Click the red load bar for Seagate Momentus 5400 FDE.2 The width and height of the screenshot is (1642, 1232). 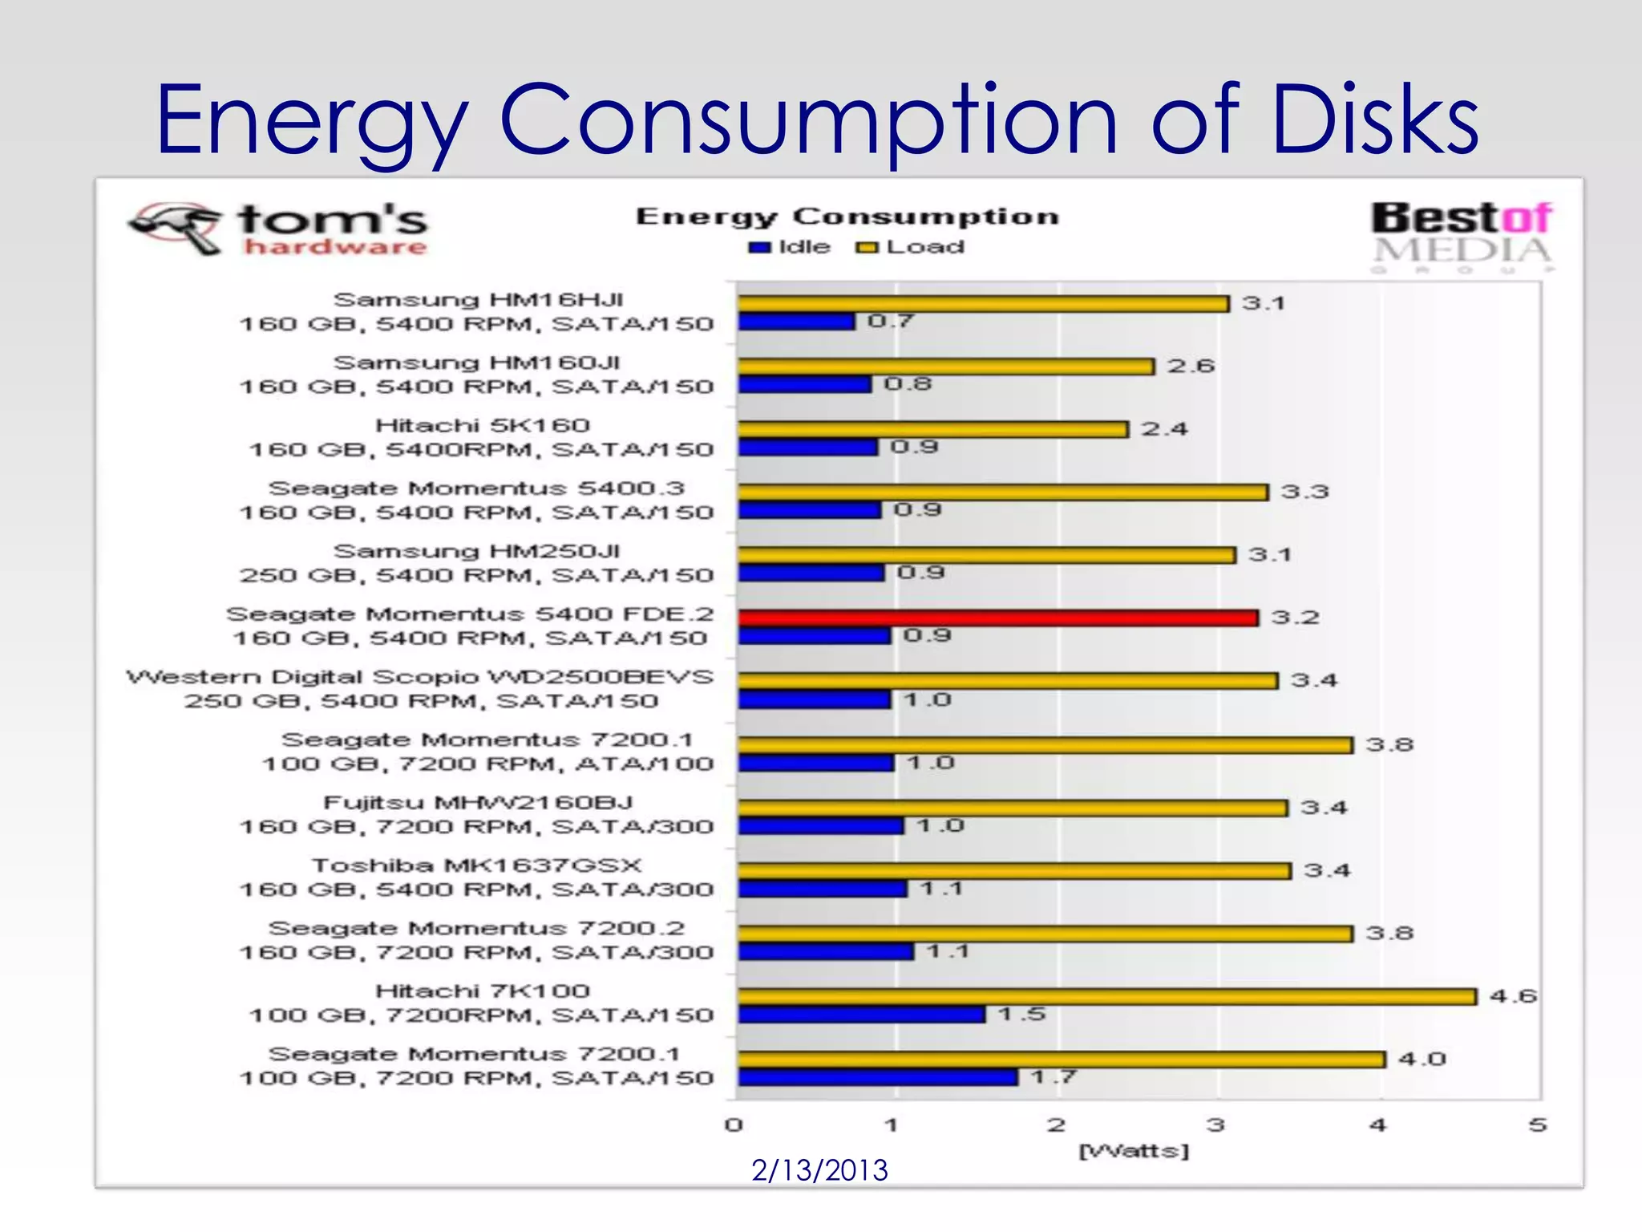(x=997, y=618)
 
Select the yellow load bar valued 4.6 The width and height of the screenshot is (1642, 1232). (x=1106, y=996)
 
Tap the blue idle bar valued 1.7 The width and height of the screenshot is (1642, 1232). (x=877, y=1077)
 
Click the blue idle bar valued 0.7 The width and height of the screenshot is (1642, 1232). (x=795, y=322)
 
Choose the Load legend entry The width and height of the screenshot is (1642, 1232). (x=911, y=247)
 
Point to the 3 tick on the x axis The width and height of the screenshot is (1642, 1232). (x=1215, y=1125)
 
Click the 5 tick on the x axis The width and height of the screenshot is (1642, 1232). (x=1536, y=1125)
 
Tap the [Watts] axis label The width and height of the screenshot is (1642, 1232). (x=1134, y=1151)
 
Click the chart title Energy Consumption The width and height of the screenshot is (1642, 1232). (x=847, y=217)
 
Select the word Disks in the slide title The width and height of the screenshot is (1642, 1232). (x=1374, y=120)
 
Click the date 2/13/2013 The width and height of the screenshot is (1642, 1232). (x=819, y=1170)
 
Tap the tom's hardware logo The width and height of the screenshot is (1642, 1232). (x=279, y=229)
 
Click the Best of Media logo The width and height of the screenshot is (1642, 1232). (x=1461, y=234)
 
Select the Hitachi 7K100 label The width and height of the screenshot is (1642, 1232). (x=482, y=991)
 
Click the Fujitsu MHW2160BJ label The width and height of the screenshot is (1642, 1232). (x=478, y=803)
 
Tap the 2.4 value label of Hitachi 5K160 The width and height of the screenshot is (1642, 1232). (x=1164, y=429)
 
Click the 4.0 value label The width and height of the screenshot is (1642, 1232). (x=1422, y=1060)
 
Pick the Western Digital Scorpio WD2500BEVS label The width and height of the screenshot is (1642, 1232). (x=419, y=678)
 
